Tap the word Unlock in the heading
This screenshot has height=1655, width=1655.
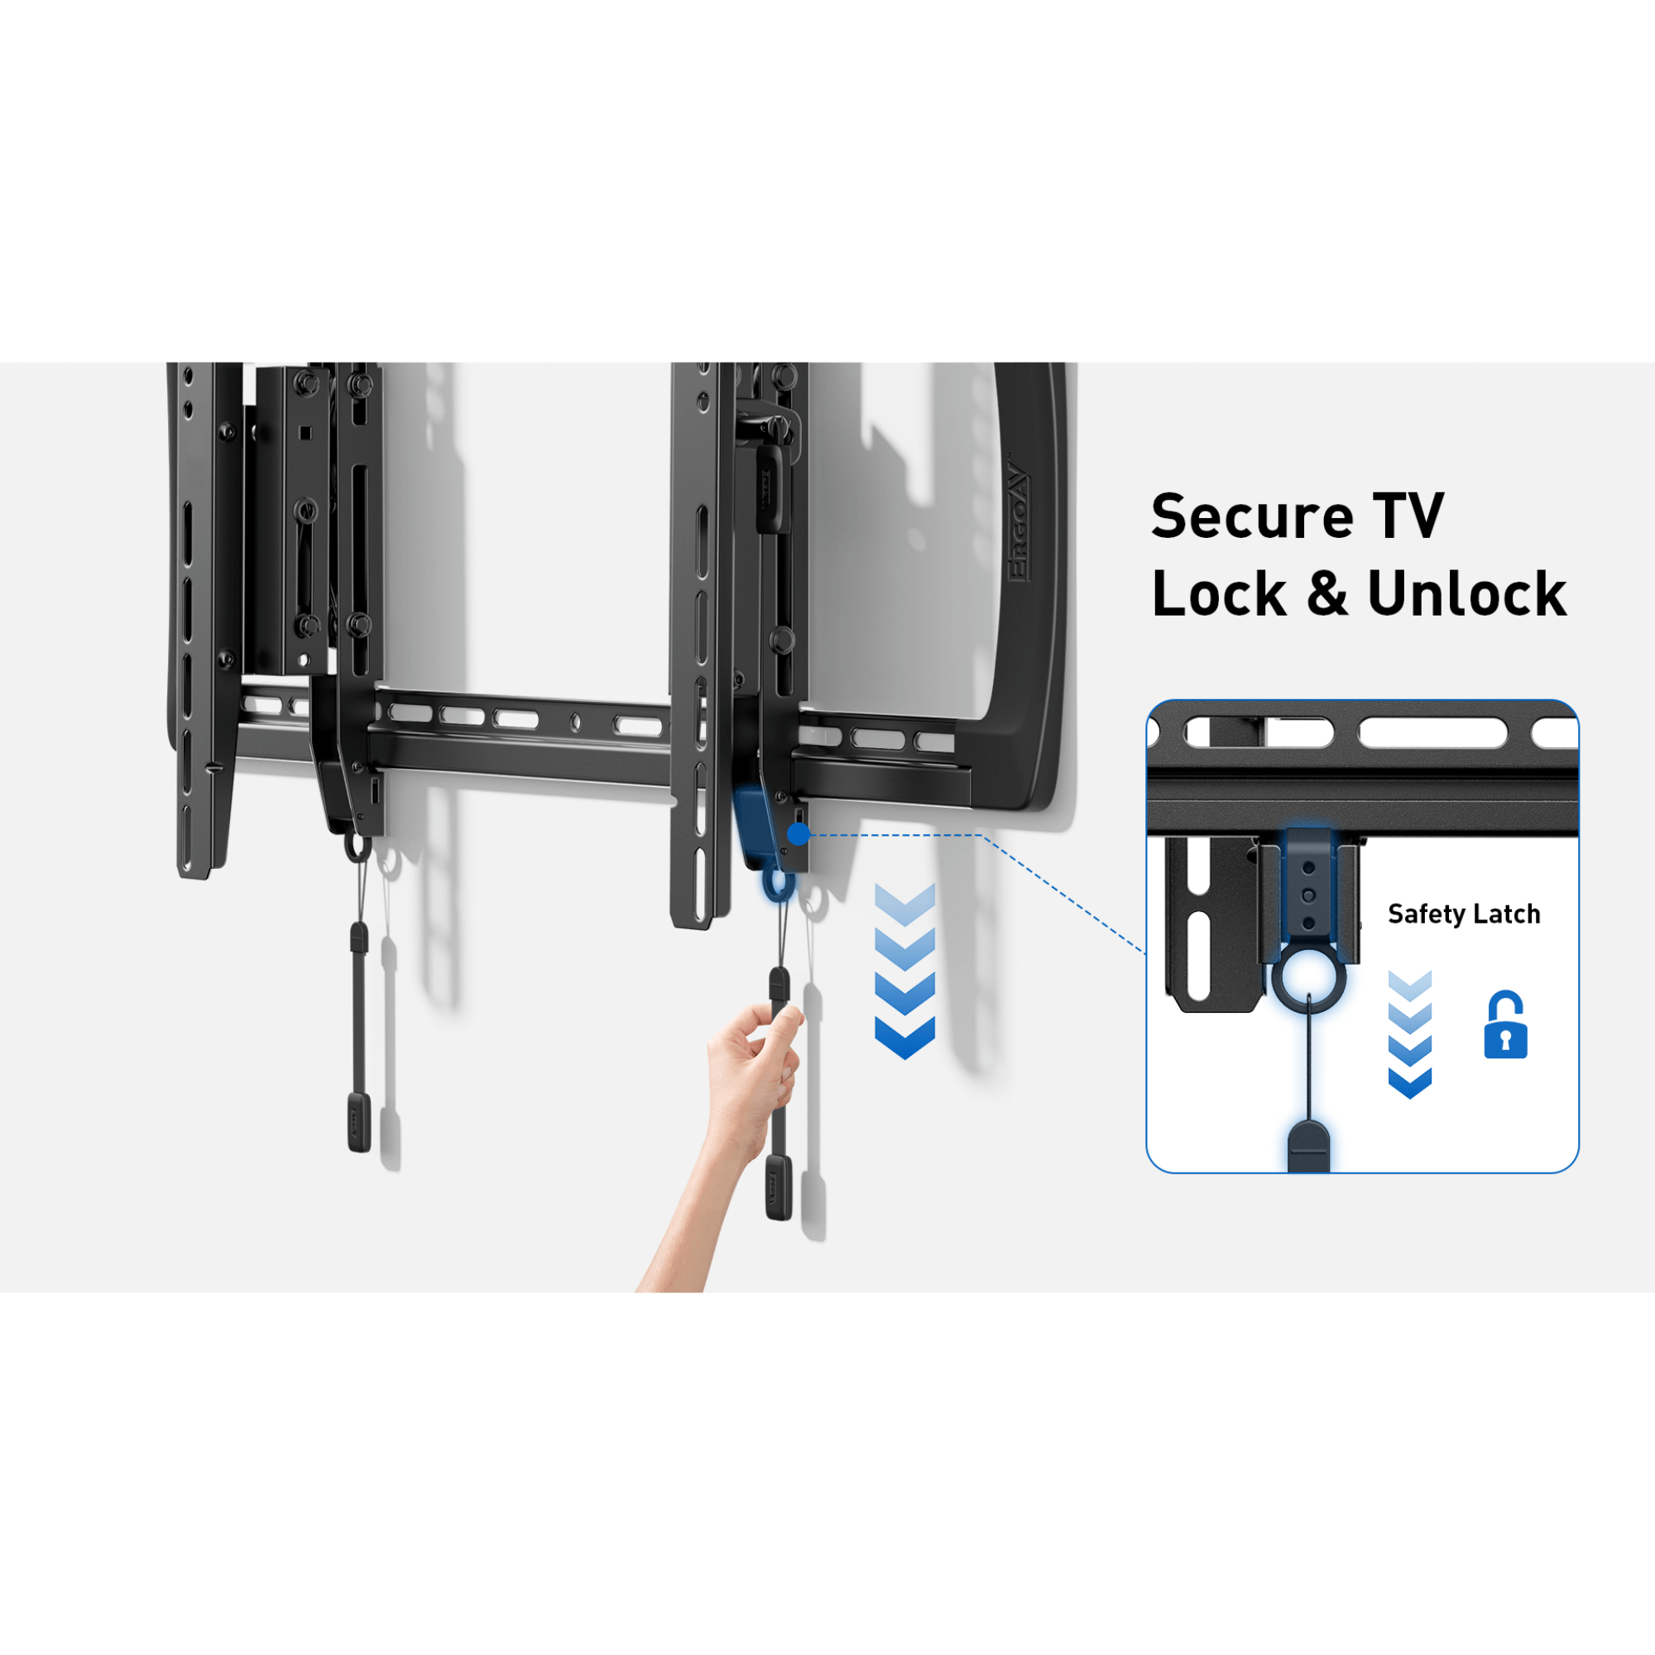click(x=1466, y=593)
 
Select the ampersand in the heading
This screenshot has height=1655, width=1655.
click(x=1327, y=593)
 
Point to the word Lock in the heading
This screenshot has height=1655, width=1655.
click(x=1219, y=593)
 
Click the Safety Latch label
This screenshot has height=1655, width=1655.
click(x=1464, y=914)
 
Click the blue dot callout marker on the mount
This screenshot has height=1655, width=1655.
click(x=799, y=834)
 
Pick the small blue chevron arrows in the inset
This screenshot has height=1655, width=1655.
click(x=1409, y=1034)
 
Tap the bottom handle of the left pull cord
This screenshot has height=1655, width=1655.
click(x=359, y=1121)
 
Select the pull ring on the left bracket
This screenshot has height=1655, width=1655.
click(x=357, y=848)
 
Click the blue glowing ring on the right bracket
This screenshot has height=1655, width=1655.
click(x=778, y=884)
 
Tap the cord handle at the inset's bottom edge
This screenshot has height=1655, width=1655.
click(x=1308, y=1147)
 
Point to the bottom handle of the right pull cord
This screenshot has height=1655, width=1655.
click(x=779, y=1187)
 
